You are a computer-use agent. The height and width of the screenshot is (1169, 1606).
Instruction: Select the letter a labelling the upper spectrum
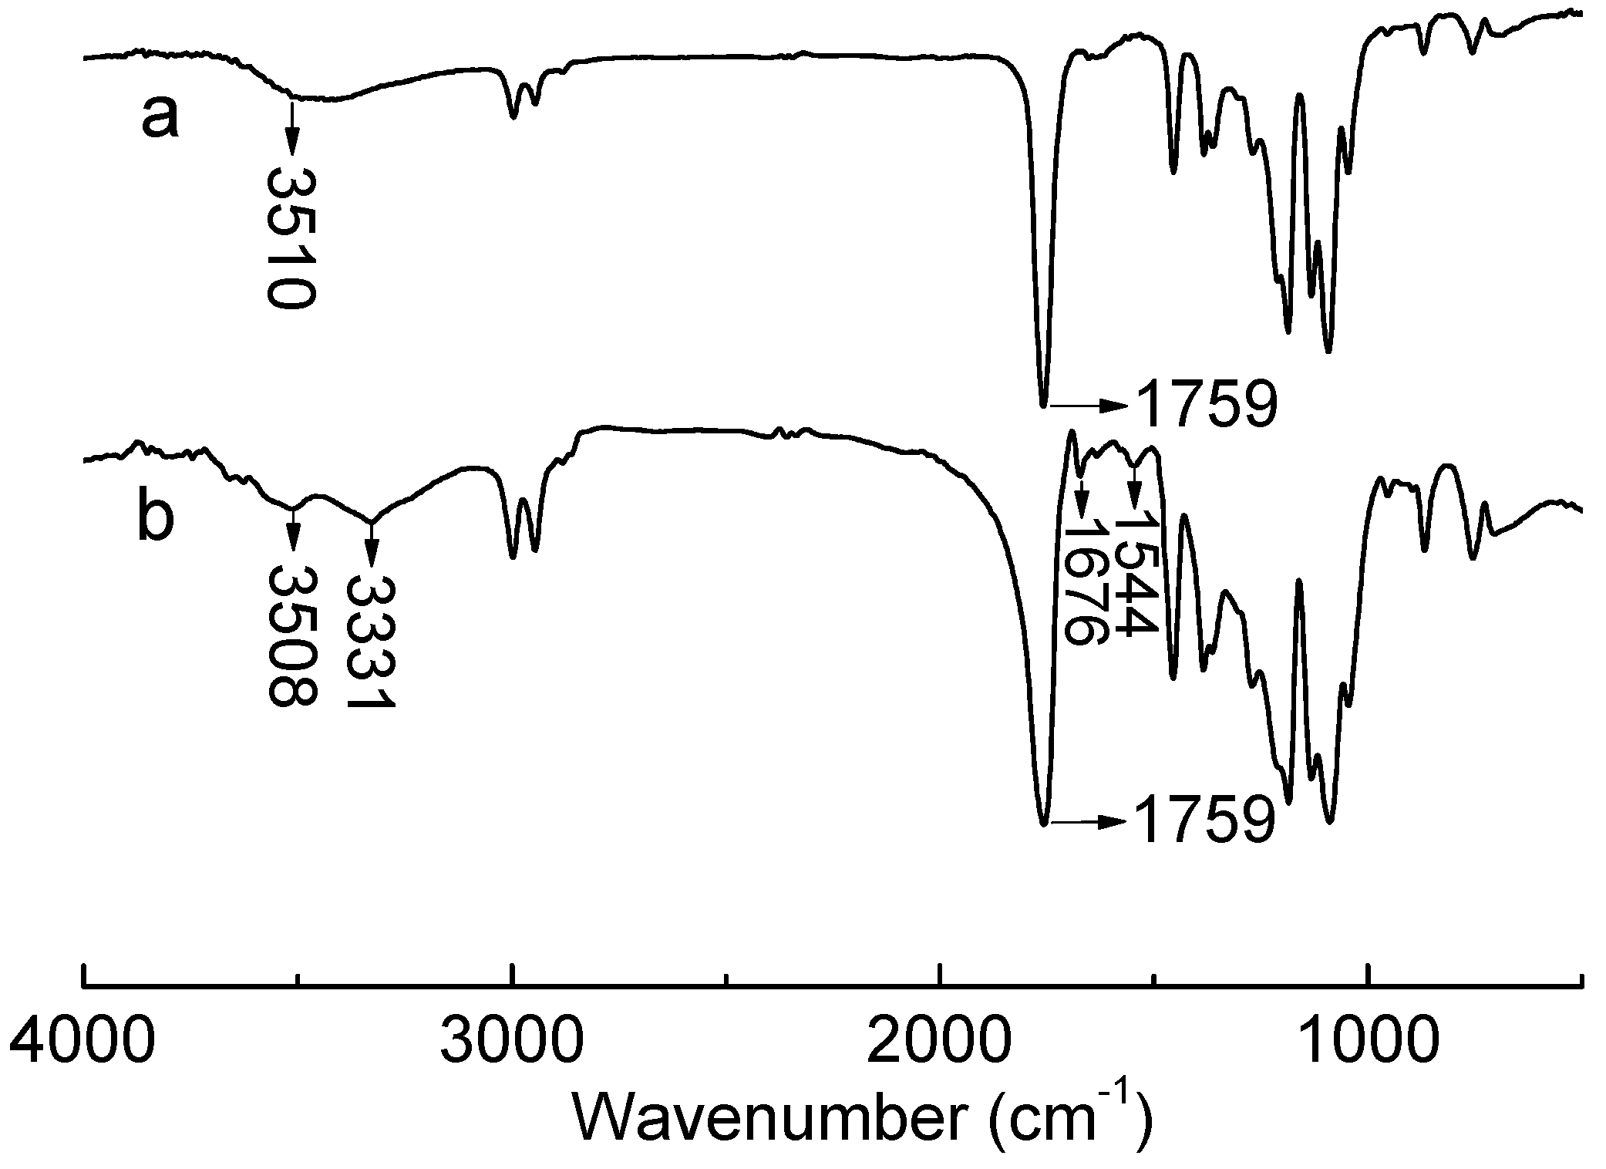tap(160, 118)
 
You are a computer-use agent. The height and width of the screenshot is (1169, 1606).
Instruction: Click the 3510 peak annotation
tap(291, 239)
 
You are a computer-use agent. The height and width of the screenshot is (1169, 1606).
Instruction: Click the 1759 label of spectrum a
tap(1207, 405)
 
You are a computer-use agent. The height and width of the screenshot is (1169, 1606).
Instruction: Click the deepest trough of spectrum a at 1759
tap(1044, 404)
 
